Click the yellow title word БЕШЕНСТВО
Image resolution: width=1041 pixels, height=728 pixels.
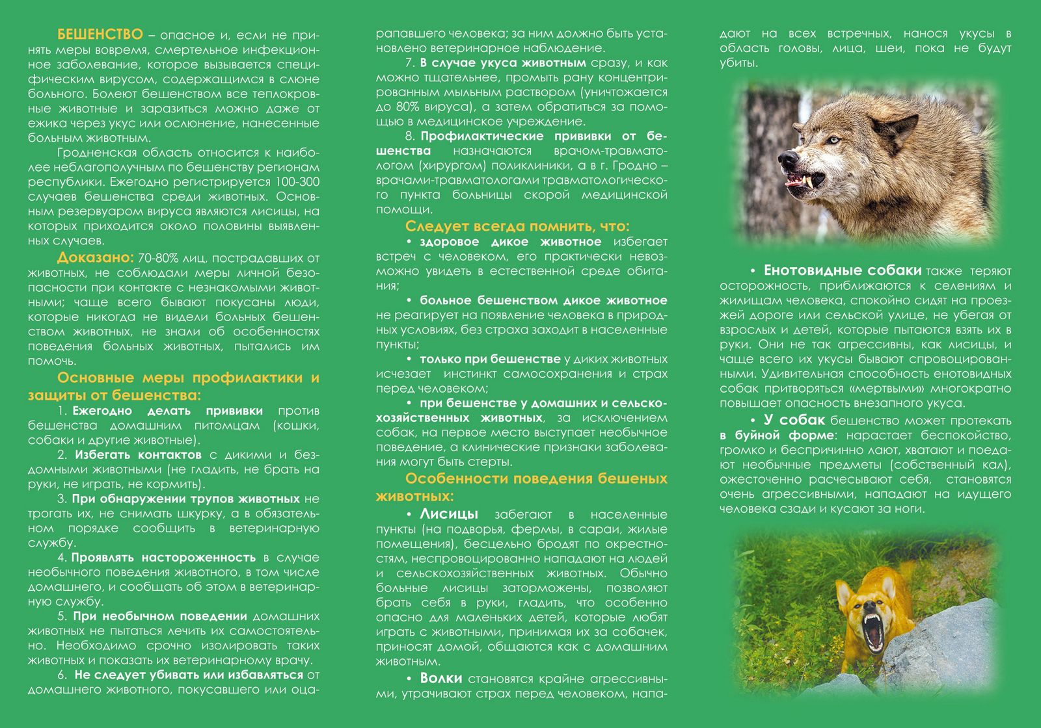(100, 34)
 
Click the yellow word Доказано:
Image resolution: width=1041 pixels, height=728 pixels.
(95, 257)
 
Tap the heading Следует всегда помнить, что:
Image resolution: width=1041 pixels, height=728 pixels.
(517, 226)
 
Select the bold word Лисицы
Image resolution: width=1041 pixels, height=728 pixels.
(449, 514)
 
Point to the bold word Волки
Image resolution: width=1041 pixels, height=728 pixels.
(441, 679)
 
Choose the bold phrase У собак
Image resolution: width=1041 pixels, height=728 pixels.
(794, 420)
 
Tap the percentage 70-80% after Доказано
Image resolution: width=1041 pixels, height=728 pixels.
(158, 258)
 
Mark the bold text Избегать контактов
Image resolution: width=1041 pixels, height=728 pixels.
(138, 454)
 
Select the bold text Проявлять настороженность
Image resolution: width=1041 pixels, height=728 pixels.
(163, 557)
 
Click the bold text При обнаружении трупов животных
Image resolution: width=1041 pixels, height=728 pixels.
(185, 499)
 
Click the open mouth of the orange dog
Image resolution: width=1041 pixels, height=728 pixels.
(870, 630)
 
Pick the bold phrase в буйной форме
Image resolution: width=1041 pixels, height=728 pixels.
(776, 435)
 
